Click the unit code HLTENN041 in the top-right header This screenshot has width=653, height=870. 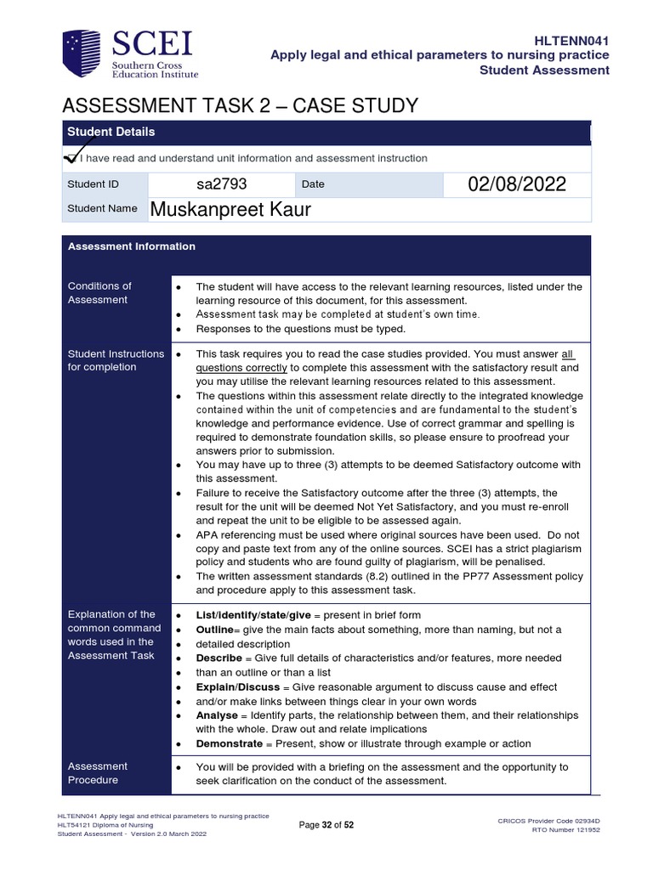[571, 40]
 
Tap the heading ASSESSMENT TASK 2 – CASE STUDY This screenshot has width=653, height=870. [241, 106]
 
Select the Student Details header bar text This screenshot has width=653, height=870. [111, 132]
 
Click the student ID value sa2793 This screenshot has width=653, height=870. [221, 184]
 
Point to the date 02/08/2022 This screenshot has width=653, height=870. [517, 184]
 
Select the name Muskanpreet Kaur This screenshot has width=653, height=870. [230, 209]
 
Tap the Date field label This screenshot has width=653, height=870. [312, 184]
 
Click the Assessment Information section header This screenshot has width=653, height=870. [132, 246]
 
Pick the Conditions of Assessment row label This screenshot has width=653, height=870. [99, 292]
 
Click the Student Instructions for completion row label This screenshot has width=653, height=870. [116, 360]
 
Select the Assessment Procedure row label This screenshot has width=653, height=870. [98, 773]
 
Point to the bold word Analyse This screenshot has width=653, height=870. [218, 715]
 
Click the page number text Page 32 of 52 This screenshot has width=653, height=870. [326, 824]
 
